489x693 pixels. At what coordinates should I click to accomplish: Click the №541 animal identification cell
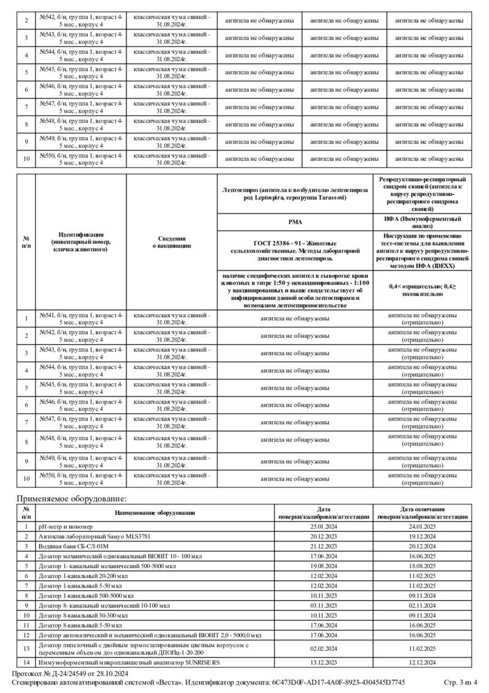point(81,318)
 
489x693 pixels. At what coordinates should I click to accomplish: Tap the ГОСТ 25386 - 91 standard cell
point(295,250)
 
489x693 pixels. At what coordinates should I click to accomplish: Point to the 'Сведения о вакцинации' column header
point(172,242)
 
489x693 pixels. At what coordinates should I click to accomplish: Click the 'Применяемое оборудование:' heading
point(71,499)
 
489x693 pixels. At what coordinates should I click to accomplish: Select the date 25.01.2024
point(324,526)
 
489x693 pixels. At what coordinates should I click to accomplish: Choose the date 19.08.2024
point(324,566)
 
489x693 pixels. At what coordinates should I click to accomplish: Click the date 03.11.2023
point(324,605)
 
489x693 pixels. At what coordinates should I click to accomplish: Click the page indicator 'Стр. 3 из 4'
point(461,682)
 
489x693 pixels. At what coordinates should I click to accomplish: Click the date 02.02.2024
point(324,648)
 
